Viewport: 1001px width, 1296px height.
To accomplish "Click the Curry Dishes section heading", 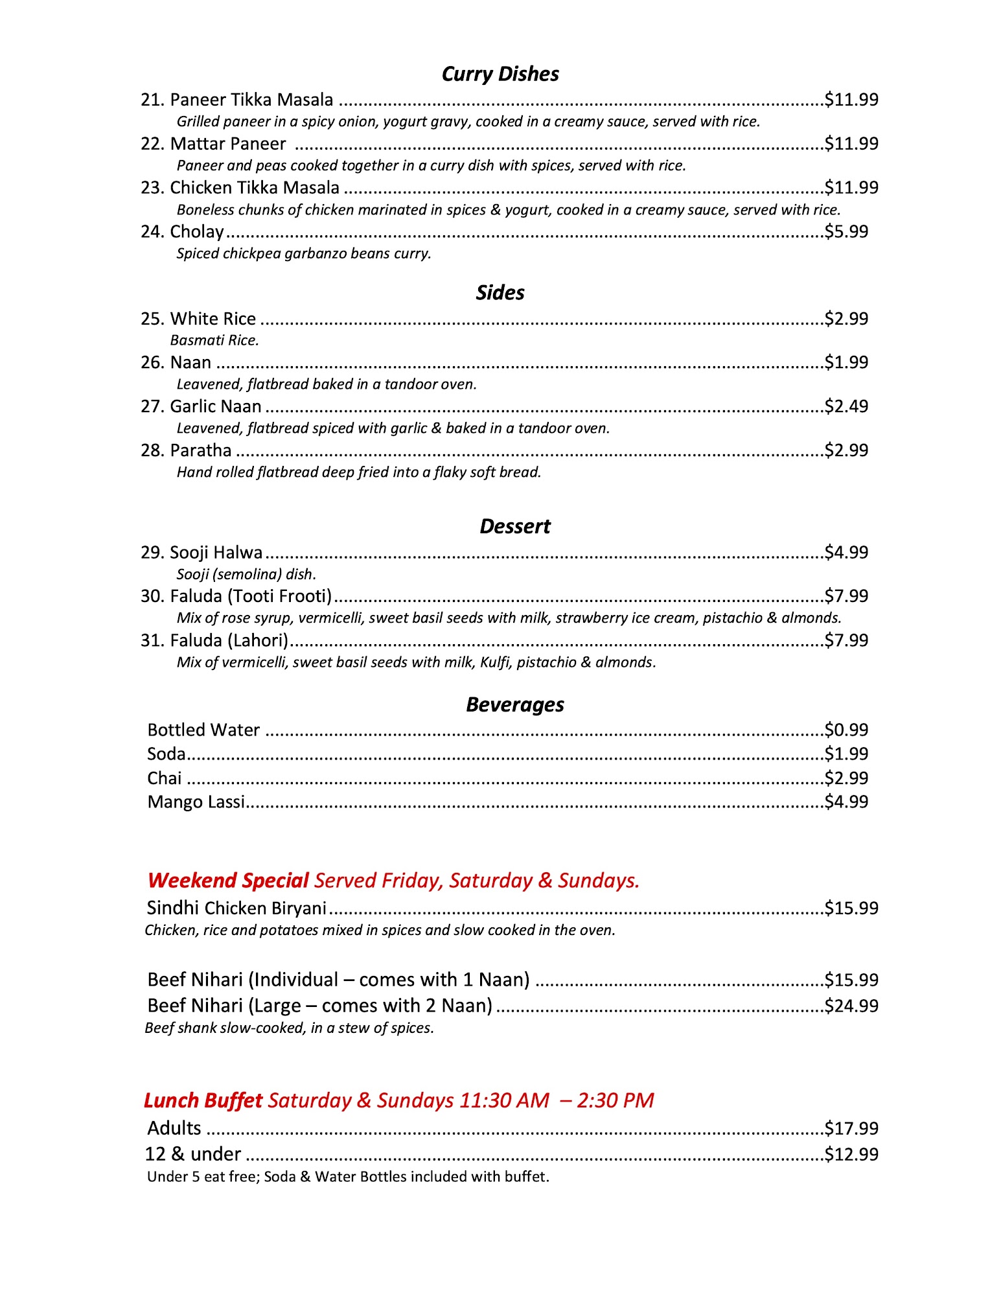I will [x=500, y=75].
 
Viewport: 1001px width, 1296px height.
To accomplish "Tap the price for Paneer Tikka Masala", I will [x=851, y=100].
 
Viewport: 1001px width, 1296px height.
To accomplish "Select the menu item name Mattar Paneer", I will [x=227, y=144].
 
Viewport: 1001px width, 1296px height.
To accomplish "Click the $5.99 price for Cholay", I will [x=846, y=232].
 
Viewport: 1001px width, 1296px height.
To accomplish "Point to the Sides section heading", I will [x=500, y=293].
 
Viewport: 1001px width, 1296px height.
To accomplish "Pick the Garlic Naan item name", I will [x=215, y=407].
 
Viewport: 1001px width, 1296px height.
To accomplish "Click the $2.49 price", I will [x=846, y=407].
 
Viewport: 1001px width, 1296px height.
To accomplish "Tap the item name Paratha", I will [x=200, y=450].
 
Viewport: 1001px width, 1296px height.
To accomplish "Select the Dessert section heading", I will [x=514, y=527].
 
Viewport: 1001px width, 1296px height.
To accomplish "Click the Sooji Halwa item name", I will [x=216, y=553].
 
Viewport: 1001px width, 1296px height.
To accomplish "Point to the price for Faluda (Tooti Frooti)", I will [x=846, y=596].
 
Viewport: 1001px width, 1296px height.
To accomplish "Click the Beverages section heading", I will [x=514, y=705].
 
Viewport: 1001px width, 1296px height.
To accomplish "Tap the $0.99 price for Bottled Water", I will [x=846, y=730].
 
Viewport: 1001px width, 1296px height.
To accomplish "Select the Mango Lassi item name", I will [x=196, y=802].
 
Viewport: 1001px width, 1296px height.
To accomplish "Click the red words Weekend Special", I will [x=228, y=881].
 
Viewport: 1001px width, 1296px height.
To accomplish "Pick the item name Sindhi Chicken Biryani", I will [x=236, y=908].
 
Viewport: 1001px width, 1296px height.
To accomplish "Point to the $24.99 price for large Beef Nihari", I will [x=851, y=1006].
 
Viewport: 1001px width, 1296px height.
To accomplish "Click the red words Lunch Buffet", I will [x=203, y=1100].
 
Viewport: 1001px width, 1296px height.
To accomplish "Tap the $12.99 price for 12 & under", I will [x=851, y=1154].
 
